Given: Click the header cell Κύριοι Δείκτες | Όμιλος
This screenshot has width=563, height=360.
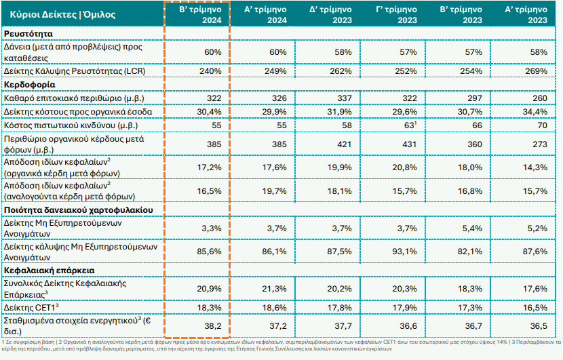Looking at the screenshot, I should click(x=57, y=14).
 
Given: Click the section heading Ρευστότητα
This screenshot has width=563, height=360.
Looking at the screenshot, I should click(x=28, y=33).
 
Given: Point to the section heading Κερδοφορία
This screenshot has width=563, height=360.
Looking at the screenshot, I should click(x=29, y=85).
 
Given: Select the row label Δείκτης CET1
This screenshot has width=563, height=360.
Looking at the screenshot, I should click(x=33, y=307).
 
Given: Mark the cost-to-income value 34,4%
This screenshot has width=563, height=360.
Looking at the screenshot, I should click(x=533, y=111).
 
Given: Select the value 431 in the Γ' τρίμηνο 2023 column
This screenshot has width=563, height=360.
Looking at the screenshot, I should click(x=406, y=144).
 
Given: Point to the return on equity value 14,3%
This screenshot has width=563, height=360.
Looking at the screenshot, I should click(x=533, y=166).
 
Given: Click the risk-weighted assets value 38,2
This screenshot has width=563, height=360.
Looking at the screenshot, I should click(x=212, y=325).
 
